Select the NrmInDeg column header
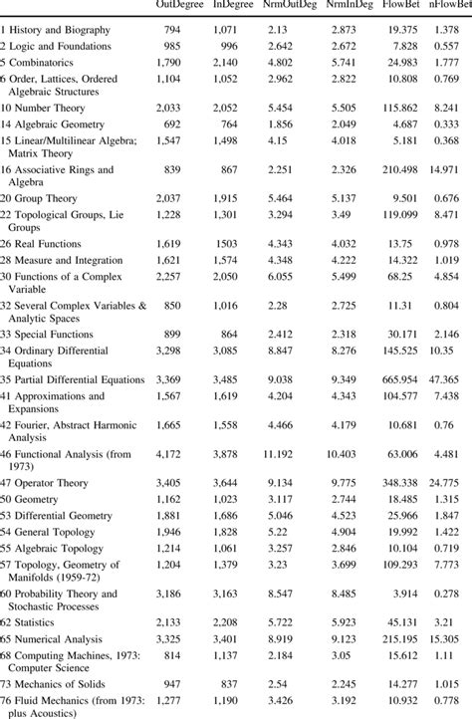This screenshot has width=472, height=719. [351, 7]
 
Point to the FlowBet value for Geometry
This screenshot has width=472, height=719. [410, 497]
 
